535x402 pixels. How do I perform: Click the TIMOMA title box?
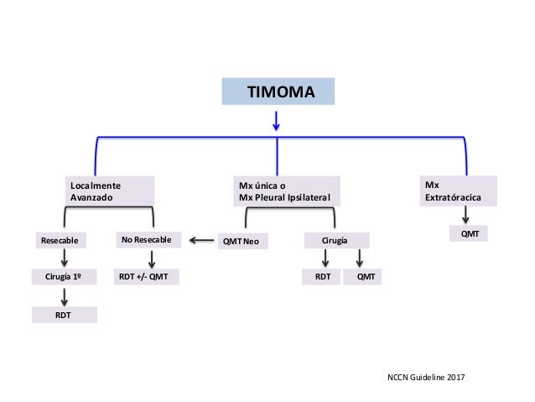coord(278,91)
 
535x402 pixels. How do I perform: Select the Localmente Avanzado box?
coord(110,191)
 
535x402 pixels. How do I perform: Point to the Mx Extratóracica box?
coord(459,191)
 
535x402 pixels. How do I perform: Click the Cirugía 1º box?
coord(65,277)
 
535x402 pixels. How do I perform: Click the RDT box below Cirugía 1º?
coord(65,314)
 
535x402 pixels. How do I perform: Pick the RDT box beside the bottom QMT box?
coord(321,277)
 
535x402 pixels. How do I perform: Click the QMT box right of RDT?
coord(362,277)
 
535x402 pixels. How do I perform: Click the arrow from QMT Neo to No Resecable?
coord(200,242)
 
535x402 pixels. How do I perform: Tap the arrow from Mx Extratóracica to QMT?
coord(465,216)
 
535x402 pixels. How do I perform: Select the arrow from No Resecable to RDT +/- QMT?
coord(150,258)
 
